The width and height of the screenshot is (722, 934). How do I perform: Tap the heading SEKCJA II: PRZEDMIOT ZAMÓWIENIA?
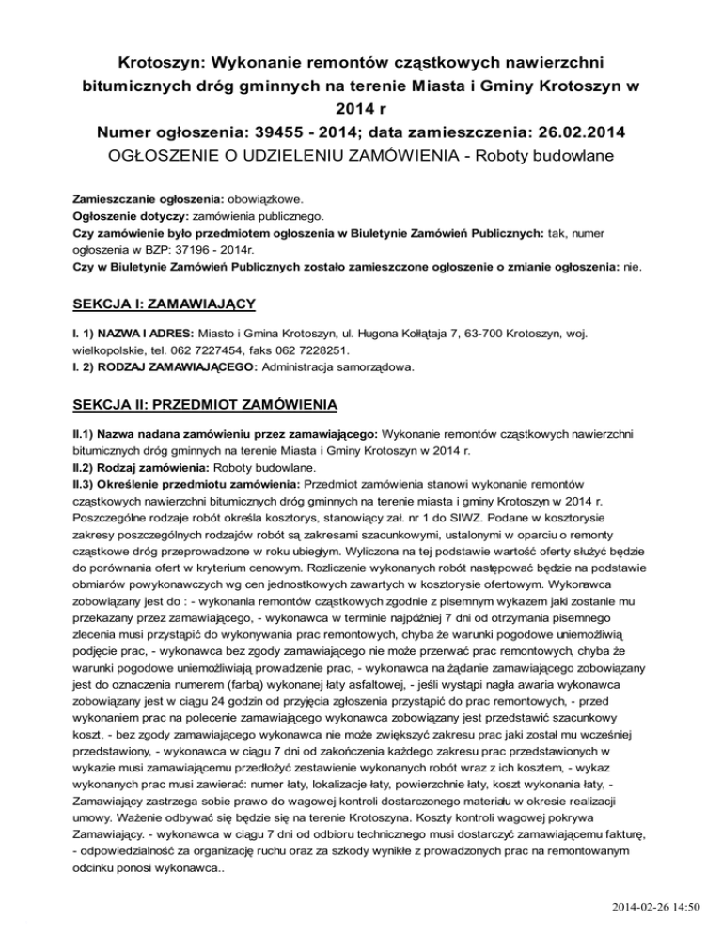point(205,405)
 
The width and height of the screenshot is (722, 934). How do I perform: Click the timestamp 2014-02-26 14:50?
point(654,906)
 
